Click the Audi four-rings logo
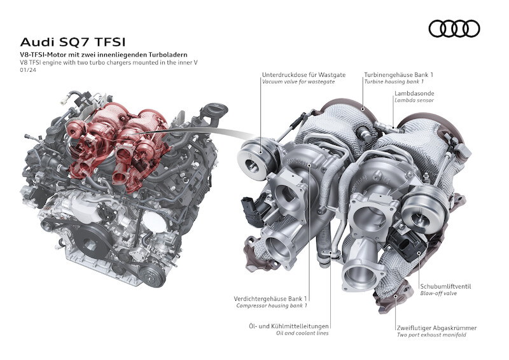point(454,29)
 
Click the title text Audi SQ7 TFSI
point(73,42)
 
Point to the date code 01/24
point(28,70)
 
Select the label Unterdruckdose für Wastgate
point(304,74)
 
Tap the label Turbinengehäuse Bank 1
point(399,74)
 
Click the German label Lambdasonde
point(414,93)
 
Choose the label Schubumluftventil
point(445,286)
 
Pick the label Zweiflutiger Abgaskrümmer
point(436,328)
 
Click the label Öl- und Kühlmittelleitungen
point(289,326)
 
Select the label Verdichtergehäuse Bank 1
point(270,299)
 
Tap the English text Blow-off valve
point(438,293)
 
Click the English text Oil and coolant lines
point(302,333)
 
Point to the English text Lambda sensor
point(414,100)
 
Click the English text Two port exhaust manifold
point(431,335)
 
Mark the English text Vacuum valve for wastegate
point(298,82)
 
